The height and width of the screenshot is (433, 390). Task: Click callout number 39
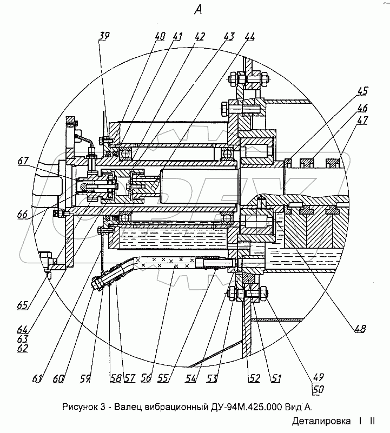click(104, 36)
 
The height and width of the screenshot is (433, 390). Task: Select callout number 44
click(249, 37)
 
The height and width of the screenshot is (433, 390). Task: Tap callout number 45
click(362, 91)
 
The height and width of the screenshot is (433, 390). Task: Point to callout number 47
click(362, 120)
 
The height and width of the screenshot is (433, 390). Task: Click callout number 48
click(360, 328)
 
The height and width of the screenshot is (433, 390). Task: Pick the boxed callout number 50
click(318, 389)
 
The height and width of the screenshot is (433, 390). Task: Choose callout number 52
click(254, 378)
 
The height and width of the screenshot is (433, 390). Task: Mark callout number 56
click(146, 378)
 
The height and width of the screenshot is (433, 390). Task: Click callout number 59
click(85, 378)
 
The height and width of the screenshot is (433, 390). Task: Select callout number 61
click(37, 378)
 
